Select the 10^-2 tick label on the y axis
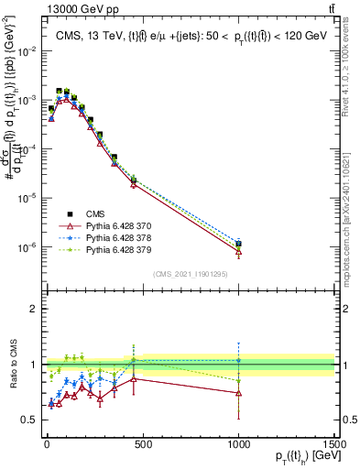tap(27, 49)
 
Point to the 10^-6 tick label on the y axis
tap(27, 247)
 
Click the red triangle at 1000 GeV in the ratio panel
tap(238, 392)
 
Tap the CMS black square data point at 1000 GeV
tap(238, 244)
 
